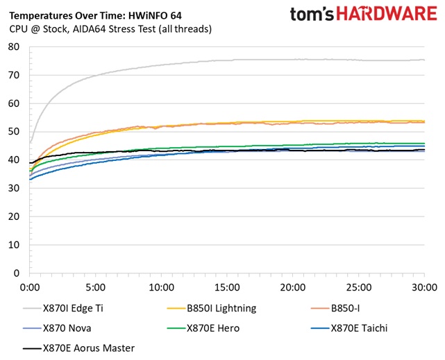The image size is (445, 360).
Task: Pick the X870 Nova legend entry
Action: [x=67, y=328]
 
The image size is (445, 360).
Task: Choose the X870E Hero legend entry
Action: [x=212, y=328]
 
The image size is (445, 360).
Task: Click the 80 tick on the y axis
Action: [x=14, y=46]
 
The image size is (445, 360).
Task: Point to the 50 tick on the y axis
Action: [x=14, y=132]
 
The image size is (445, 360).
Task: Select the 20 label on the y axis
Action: [x=14, y=217]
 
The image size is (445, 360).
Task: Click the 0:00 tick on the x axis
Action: [x=31, y=286]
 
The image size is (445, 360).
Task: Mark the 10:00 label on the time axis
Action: [x=161, y=286]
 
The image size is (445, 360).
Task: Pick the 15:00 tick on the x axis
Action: [x=227, y=286]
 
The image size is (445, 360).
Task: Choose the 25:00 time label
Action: [x=358, y=286]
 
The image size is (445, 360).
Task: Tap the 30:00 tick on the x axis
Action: [x=423, y=286]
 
